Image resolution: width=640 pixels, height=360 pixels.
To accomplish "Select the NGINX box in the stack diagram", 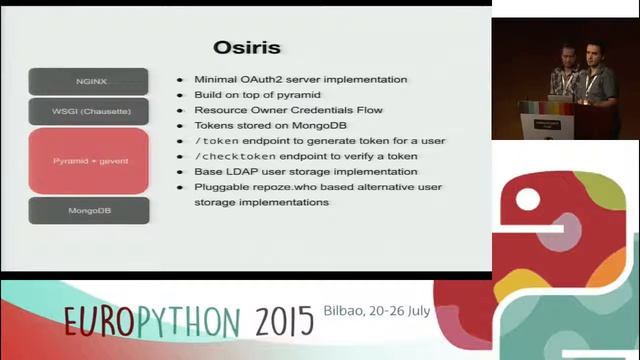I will point(88,81).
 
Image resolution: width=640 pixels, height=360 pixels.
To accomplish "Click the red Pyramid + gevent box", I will point(88,160).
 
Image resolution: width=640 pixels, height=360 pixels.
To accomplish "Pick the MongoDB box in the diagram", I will point(88,211).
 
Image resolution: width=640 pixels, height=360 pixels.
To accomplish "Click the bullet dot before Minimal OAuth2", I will point(180,79).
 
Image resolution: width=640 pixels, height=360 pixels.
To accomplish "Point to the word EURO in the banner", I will point(99,321).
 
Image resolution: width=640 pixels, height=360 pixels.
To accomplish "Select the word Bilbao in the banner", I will point(346,311).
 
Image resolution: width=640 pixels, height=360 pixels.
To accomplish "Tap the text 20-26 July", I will point(400,311).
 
